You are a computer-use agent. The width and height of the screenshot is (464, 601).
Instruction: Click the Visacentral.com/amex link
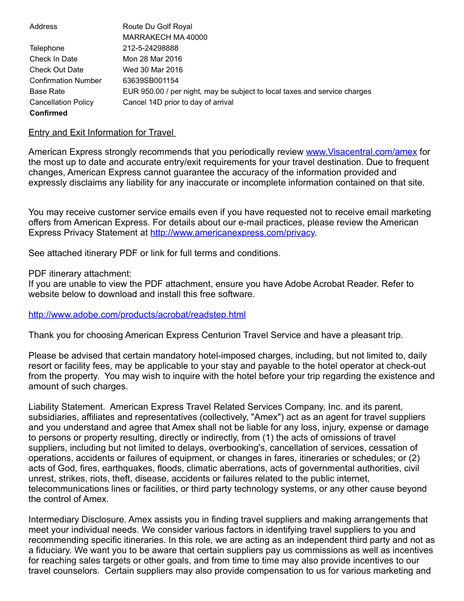(361, 152)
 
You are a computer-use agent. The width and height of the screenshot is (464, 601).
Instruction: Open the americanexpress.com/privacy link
(232, 233)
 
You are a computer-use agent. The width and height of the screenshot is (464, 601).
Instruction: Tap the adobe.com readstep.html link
(137, 315)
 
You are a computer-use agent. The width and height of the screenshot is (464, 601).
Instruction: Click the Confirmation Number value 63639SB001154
(151, 81)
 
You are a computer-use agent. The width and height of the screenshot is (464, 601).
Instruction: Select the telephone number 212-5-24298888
(151, 48)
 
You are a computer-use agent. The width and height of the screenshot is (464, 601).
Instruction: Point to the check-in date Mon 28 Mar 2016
(152, 59)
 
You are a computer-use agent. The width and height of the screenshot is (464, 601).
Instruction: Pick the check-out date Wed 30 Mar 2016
(153, 70)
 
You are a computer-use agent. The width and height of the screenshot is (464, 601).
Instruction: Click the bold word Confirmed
(48, 113)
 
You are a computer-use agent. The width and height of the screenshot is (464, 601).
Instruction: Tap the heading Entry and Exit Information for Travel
(101, 133)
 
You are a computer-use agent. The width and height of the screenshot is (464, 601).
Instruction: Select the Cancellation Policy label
(61, 102)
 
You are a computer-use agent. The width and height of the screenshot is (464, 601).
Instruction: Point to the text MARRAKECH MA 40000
(165, 38)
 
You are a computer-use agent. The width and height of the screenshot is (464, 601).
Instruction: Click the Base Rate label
(47, 92)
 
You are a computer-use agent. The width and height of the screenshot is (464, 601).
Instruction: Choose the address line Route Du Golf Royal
(158, 27)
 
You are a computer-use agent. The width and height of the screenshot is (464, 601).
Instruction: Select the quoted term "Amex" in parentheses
(263, 417)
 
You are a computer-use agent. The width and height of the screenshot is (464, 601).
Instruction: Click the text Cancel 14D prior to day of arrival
(178, 102)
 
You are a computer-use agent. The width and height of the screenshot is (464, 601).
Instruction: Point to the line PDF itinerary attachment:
(80, 274)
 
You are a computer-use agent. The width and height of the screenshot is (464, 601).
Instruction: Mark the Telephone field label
(47, 48)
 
